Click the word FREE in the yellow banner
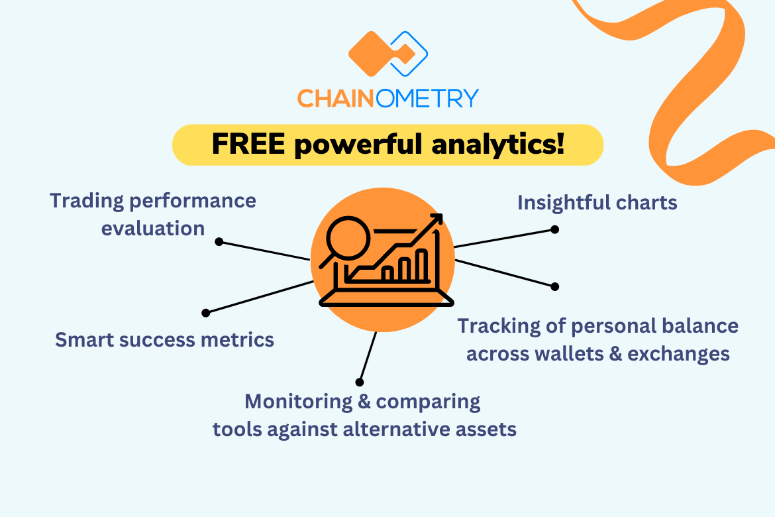248,144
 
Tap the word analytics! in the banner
497,145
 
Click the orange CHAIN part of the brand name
336,99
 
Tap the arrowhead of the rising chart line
437,219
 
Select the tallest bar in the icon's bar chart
421,265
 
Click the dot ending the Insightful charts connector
555,229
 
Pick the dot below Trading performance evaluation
219,241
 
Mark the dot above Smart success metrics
205,313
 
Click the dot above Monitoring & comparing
359,382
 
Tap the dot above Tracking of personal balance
555,286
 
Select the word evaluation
153,229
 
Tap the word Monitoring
299,402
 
